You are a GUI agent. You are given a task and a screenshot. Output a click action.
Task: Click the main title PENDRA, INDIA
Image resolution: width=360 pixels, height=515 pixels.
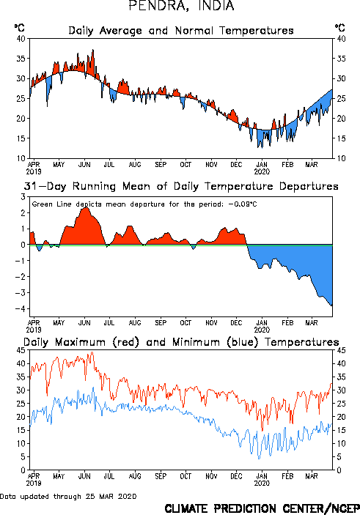pyautogui.click(x=181, y=6)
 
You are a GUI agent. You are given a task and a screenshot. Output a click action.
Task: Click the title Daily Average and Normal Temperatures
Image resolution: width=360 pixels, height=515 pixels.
pyautogui.click(x=181, y=31)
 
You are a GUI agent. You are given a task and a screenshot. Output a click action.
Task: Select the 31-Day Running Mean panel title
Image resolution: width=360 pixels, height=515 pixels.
pyautogui.click(x=181, y=186)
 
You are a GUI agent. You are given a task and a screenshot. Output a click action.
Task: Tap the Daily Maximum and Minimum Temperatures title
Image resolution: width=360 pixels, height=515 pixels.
pyautogui.click(x=181, y=342)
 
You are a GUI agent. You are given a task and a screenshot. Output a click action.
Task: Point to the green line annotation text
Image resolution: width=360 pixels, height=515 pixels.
pyautogui.click(x=144, y=204)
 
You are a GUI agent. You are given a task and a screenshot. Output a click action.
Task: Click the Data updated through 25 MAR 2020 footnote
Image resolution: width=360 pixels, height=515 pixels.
pyautogui.click(x=68, y=496)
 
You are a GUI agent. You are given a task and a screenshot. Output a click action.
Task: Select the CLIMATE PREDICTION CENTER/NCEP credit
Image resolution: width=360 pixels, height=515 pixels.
pyautogui.click(x=262, y=508)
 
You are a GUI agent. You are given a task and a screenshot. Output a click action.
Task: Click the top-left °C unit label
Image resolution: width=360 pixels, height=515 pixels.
pyautogui.click(x=19, y=28)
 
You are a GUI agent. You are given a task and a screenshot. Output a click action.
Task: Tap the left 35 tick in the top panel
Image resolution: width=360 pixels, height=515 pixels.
pyautogui.click(x=21, y=59)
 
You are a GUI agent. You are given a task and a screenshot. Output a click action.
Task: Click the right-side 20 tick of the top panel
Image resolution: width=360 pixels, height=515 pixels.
pyautogui.click(x=341, y=119)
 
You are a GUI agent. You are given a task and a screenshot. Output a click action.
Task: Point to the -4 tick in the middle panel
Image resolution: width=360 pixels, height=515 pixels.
pyautogui.click(x=20, y=308)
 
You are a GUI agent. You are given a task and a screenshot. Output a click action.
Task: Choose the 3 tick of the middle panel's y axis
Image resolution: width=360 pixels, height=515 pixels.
pyautogui.click(x=23, y=197)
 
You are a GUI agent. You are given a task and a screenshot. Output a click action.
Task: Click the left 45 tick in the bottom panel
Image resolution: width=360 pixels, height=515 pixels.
pyautogui.click(x=21, y=350)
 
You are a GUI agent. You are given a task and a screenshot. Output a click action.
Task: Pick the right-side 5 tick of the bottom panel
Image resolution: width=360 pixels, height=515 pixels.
pyautogui.click(x=339, y=457)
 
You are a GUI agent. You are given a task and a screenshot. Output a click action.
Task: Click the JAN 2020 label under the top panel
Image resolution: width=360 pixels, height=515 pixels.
pyautogui.click(x=262, y=168)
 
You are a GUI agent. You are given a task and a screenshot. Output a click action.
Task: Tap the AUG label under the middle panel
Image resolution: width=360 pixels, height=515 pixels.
pyautogui.click(x=135, y=323)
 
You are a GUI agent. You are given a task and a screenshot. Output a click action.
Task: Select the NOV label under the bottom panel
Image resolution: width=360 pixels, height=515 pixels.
pyautogui.click(x=211, y=476)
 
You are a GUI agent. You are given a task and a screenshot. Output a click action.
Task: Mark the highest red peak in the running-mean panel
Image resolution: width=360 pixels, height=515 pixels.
pyautogui.click(x=86, y=207)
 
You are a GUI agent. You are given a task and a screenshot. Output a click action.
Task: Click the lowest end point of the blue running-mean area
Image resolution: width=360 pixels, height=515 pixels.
pyautogui.click(x=332, y=305)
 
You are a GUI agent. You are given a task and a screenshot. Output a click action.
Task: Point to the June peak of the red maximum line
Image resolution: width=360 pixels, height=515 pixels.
pyautogui.click(x=92, y=352)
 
